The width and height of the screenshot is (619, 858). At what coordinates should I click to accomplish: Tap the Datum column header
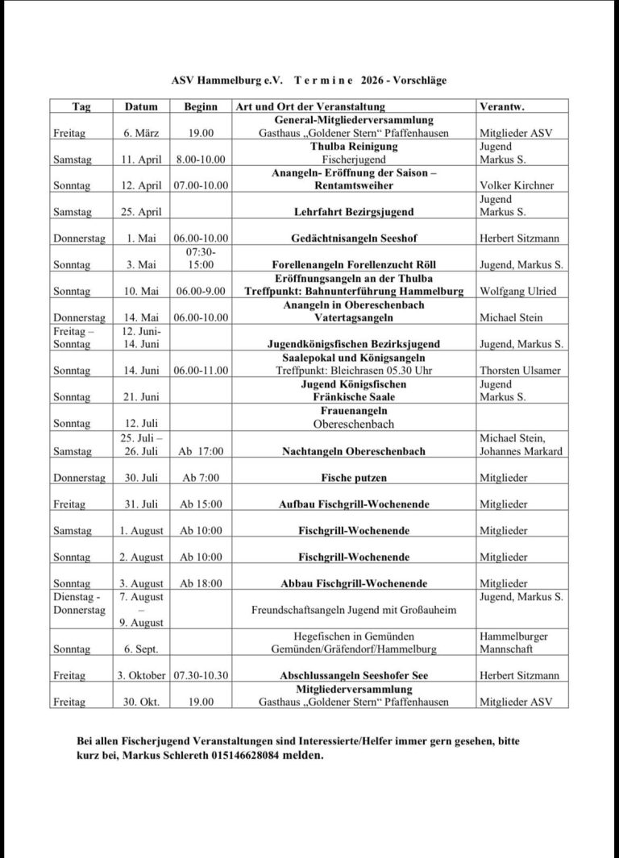141,106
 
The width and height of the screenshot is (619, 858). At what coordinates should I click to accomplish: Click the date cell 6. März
141,133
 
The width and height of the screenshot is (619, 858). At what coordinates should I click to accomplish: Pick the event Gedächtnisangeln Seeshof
354,238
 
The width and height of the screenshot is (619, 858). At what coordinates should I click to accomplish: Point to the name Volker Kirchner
517,185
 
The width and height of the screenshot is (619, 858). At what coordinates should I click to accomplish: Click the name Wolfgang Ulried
517,291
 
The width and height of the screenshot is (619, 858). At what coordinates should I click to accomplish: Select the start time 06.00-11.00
201,371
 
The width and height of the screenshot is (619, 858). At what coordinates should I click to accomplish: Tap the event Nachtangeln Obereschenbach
354,451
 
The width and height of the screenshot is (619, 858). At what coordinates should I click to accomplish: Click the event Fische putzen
354,478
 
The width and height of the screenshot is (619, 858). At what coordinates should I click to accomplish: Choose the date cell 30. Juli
141,478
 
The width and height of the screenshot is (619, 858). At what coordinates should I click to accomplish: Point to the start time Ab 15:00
201,504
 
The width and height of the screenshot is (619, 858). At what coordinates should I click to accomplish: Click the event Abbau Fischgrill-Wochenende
354,583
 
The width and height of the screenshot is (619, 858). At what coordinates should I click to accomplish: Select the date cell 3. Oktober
142,675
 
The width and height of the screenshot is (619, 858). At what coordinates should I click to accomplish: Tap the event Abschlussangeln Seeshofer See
354,675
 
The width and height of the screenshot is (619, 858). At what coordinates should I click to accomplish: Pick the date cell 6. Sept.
141,649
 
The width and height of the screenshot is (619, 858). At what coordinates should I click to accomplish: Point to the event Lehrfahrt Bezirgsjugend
354,212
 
